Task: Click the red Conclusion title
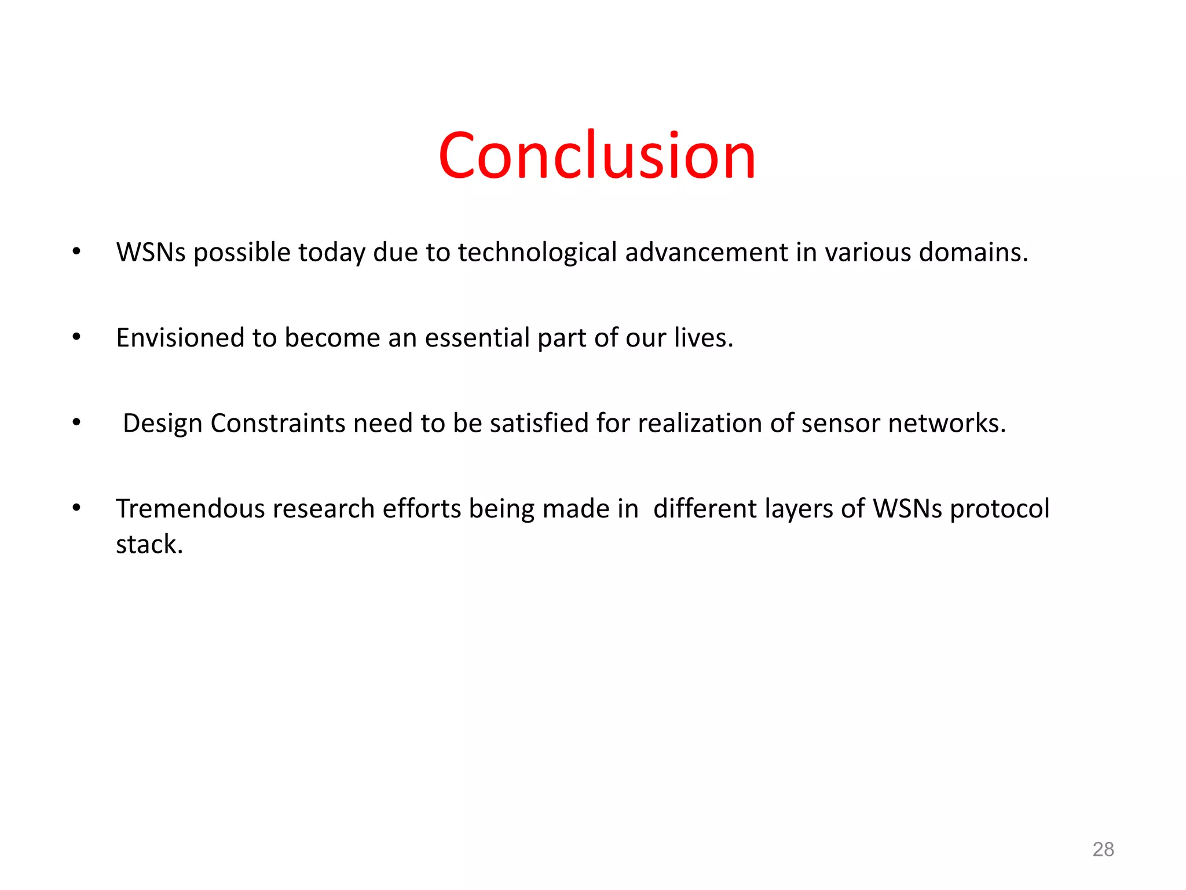click(597, 155)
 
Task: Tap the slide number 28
click(1103, 849)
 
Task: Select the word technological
click(537, 253)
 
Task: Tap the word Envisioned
click(180, 338)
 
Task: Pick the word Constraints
click(278, 424)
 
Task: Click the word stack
click(149, 545)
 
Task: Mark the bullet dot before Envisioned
click(76, 336)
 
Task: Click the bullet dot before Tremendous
click(76, 508)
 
